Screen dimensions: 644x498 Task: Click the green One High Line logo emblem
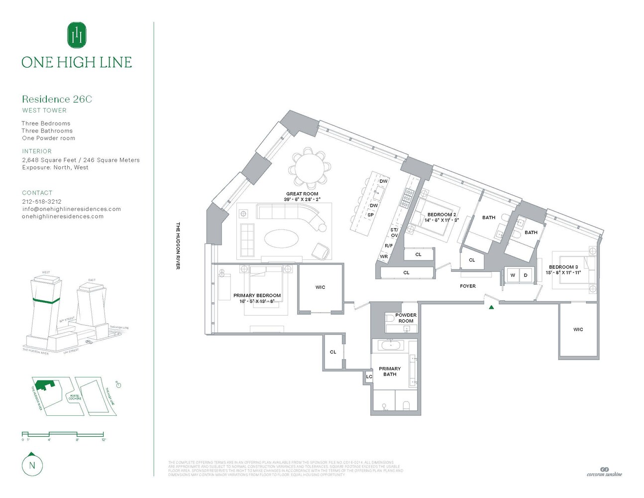(77, 35)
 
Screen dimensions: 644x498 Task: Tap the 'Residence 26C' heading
(57, 99)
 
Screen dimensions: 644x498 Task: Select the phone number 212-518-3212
(42, 202)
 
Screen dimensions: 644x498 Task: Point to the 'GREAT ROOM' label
(302, 194)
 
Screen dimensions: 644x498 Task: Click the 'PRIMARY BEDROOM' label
(257, 296)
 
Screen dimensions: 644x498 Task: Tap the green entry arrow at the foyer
(491, 307)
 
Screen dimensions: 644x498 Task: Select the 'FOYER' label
(468, 286)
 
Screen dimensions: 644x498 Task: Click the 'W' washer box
(513, 275)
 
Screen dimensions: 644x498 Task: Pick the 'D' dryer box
(526, 275)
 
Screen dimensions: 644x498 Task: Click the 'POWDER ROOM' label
(406, 318)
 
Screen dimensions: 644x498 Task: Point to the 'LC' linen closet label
(369, 377)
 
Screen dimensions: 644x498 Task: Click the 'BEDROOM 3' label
(563, 267)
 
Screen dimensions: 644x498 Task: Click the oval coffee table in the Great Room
(282, 238)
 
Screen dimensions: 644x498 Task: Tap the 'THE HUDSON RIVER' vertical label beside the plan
(178, 246)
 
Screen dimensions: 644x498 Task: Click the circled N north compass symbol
(32, 465)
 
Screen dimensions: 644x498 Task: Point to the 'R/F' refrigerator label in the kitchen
(389, 246)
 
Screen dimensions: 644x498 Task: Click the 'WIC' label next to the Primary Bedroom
(321, 287)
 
